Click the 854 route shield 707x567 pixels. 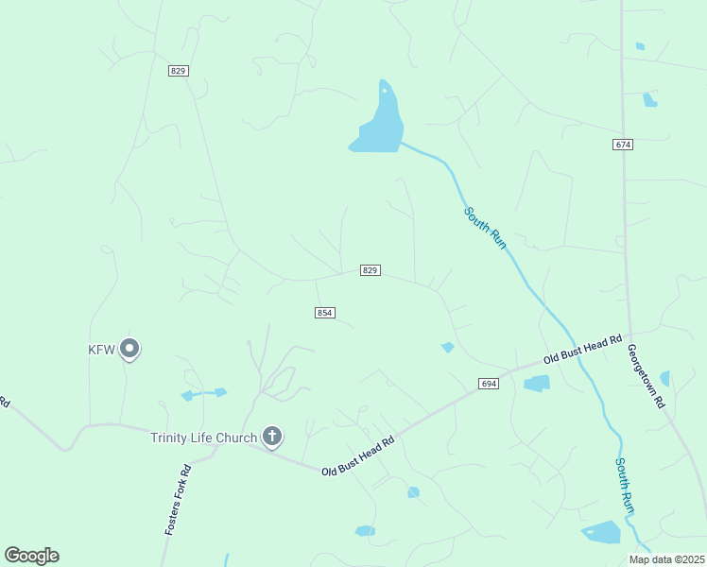pos(325,313)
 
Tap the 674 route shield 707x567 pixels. pos(622,145)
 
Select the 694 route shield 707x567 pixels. pos(488,384)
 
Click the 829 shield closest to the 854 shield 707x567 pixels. pos(371,270)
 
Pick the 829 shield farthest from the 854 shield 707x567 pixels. pos(180,71)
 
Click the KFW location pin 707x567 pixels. pos(130,350)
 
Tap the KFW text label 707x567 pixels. pos(101,350)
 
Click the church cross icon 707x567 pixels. pos(272,437)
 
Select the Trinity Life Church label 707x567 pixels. pos(203,438)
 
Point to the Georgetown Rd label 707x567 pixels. pos(647,375)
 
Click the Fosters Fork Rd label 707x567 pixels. pos(178,500)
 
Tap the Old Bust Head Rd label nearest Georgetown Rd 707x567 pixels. pos(582,351)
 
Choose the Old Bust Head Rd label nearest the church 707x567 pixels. pos(357,456)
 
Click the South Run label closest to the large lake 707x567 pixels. pos(485,228)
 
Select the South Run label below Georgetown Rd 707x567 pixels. pos(625,486)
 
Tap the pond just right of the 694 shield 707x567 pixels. pos(536,383)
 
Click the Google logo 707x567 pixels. pos(31,556)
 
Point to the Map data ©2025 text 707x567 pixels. pos(666,559)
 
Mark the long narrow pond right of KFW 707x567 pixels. pos(203,393)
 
